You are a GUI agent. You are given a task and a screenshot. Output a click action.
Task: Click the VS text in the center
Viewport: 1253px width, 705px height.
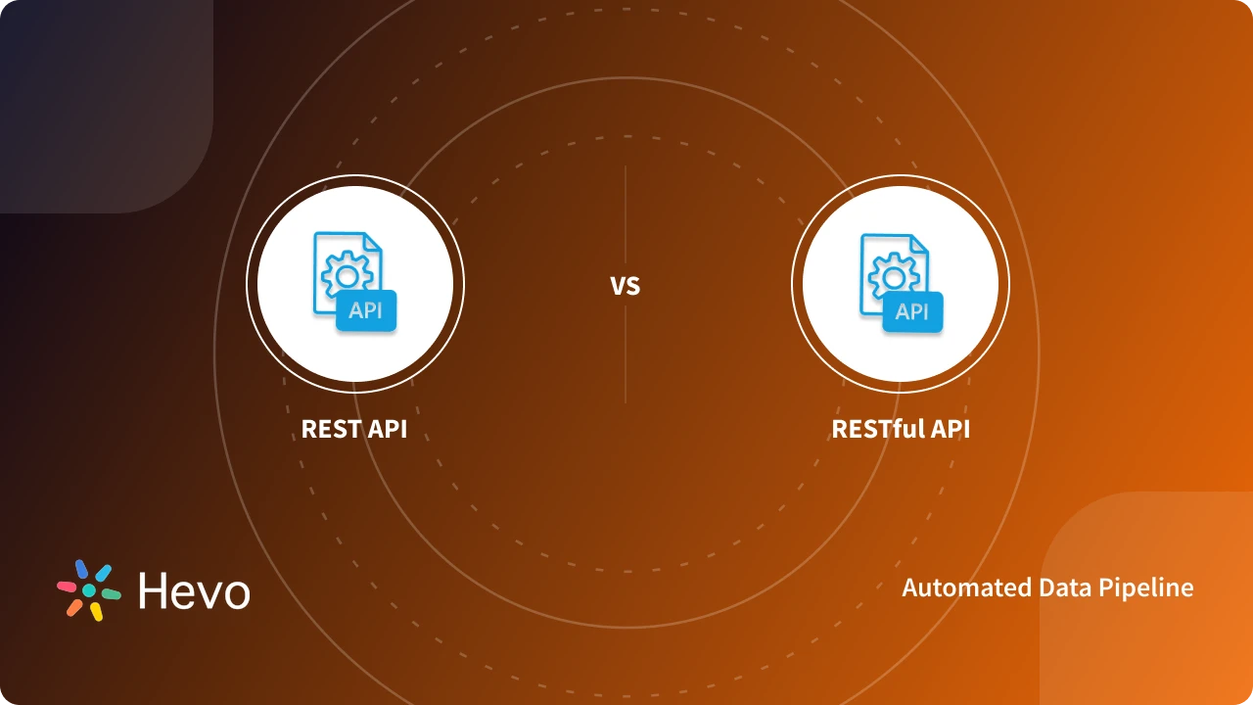coord(625,287)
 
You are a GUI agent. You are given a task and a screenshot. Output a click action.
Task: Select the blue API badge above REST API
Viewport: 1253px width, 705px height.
coord(366,311)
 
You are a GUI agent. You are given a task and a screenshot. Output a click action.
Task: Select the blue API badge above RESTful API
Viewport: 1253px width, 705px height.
coord(912,311)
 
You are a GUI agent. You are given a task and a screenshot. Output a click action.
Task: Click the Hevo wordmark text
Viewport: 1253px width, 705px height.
coord(194,591)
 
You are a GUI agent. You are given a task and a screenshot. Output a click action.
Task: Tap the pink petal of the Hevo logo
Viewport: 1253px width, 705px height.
coord(67,587)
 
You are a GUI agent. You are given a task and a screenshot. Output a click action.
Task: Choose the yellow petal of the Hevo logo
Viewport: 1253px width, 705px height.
coord(96,612)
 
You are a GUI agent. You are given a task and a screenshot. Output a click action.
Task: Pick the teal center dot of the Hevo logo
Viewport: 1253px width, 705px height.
coord(88,590)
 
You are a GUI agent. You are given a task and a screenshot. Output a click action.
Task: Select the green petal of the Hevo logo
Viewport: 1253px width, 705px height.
coord(111,593)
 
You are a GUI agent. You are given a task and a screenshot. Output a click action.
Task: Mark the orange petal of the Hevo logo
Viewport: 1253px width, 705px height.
coord(74,607)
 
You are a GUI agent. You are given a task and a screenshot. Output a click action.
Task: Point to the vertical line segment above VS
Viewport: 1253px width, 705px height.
coord(625,215)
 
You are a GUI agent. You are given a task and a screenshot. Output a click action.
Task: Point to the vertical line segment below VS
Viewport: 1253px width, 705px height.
coord(625,357)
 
